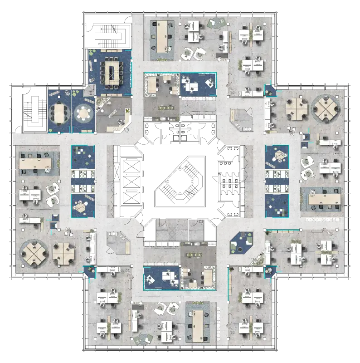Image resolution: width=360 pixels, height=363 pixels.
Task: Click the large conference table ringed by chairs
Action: coord(110,71)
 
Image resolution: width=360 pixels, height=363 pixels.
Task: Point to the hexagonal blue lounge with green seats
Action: coord(242,245)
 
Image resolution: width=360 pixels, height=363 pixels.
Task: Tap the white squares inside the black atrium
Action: coord(180,137)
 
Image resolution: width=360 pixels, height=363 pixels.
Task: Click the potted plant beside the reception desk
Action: coord(128,110)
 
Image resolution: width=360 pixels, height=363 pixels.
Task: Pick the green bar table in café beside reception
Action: coord(165,108)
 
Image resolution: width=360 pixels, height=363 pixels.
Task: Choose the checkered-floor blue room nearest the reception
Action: coord(83,156)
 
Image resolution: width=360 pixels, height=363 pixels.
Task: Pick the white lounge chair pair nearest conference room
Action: coord(192,54)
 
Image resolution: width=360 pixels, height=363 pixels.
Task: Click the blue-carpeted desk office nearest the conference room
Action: coord(198,84)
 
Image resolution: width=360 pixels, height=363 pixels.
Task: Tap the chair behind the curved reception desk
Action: coord(121,122)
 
